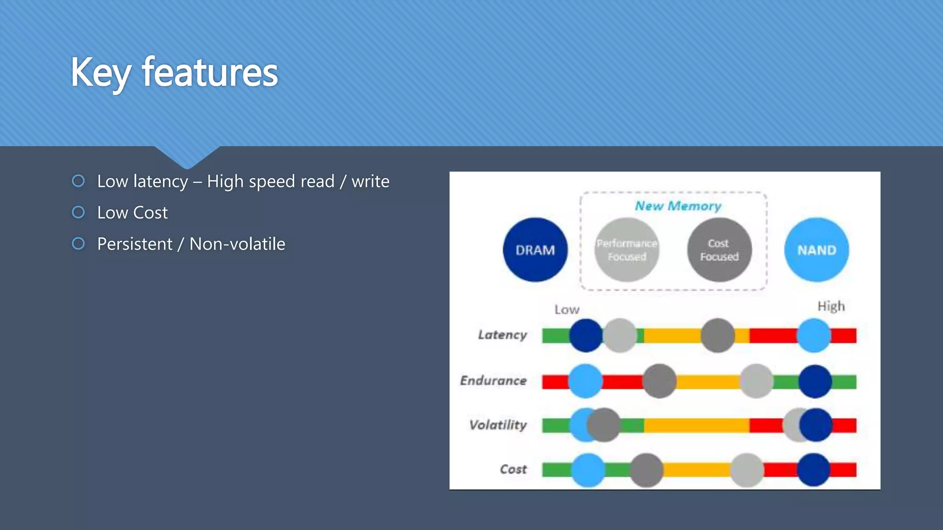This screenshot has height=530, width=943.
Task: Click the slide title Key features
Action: [174, 73]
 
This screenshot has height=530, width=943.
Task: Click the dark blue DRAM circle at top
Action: [535, 250]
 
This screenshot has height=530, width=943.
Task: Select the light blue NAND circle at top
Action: [816, 250]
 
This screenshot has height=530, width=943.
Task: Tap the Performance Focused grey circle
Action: [627, 250]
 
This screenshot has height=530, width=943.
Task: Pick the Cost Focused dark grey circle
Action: [719, 250]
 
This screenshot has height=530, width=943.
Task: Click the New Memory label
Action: [678, 206]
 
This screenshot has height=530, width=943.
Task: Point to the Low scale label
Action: [566, 310]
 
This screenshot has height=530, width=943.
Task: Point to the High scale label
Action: [831, 306]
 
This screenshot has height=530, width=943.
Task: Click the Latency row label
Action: [502, 335]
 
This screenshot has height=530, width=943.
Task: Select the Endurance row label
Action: [493, 380]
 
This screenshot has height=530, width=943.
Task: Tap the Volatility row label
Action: [498, 425]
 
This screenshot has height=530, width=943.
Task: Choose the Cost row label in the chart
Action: [513, 469]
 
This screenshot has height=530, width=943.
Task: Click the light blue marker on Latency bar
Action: [814, 335]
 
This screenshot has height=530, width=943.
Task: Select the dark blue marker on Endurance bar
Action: [815, 381]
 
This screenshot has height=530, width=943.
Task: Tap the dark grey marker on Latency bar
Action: [717, 335]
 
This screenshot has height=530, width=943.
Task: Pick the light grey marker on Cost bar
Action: [746, 470]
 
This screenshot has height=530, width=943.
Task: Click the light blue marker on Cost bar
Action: [588, 470]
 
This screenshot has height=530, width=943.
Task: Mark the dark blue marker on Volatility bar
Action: [816, 425]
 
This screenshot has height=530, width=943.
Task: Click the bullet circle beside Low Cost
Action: [78, 213]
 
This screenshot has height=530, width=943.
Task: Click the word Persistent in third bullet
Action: [135, 244]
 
